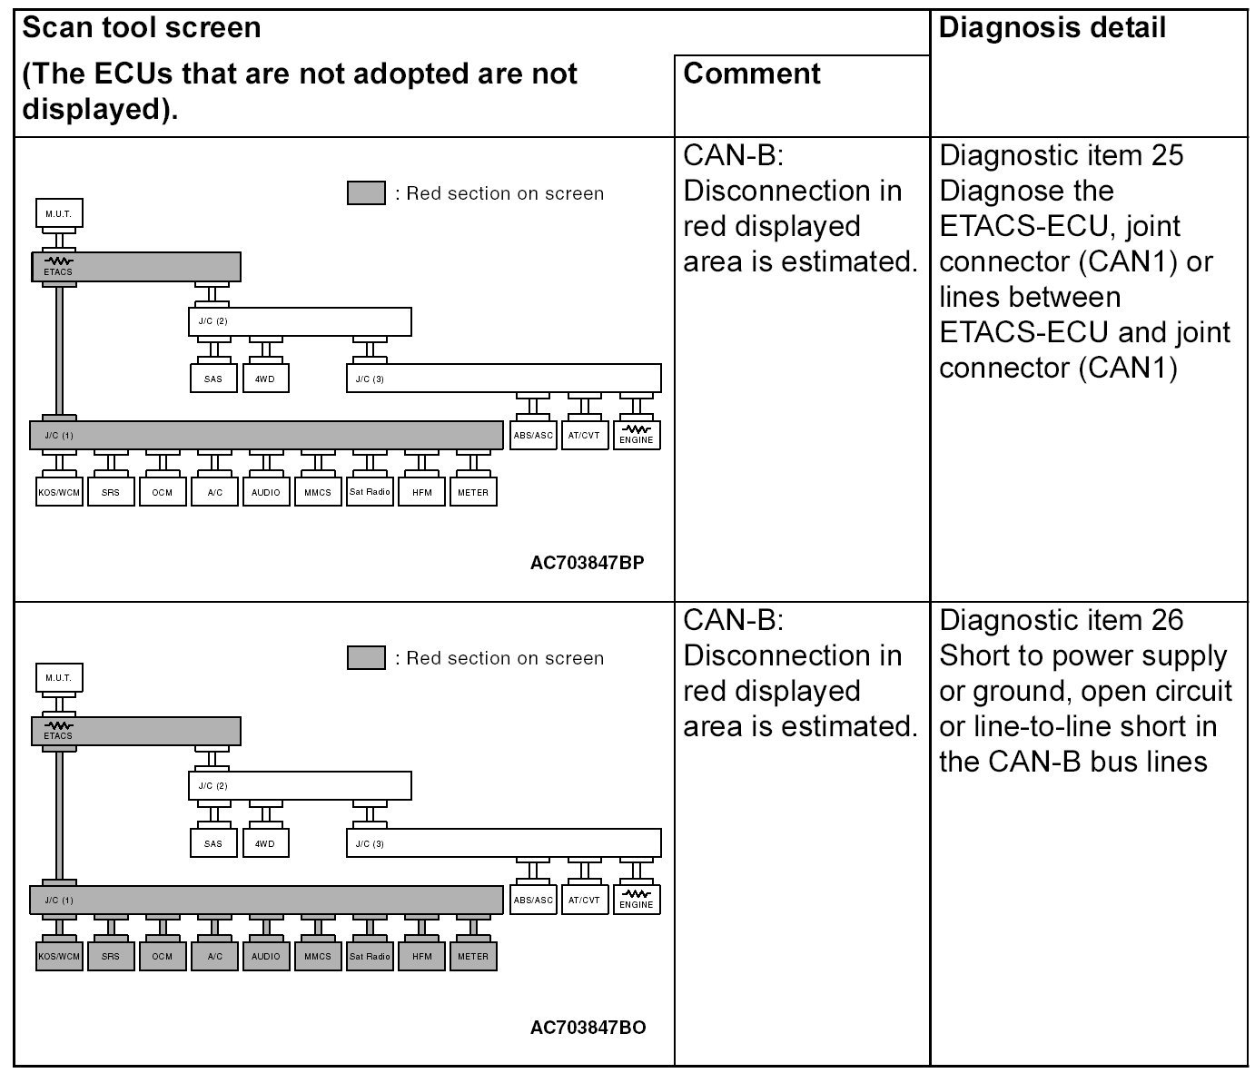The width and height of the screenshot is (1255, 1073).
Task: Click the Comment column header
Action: (x=752, y=74)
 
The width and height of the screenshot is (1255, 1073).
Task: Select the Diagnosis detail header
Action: (x=1052, y=27)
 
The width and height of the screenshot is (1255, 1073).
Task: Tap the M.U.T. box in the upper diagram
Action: (x=59, y=214)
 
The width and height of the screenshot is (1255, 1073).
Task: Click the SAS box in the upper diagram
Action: (x=213, y=379)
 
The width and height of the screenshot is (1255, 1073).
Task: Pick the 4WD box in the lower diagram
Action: (x=265, y=843)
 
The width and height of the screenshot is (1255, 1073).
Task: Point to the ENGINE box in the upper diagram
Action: (x=637, y=435)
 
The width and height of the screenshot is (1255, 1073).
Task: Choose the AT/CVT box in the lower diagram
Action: (x=584, y=900)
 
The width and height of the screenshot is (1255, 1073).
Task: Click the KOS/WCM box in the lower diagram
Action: (x=59, y=956)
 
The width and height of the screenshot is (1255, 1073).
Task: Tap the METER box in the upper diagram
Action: (x=473, y=492)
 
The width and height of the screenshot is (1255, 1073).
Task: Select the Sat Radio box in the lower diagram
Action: (x=370, y=956)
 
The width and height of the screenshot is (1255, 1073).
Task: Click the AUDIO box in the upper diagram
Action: (x=266, y=492)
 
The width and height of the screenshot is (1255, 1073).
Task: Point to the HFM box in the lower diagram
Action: (x=421, y=956)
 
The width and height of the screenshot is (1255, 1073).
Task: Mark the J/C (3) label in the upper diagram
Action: (x=367, y=379)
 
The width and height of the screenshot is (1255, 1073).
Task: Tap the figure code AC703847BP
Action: (x=588, y=563)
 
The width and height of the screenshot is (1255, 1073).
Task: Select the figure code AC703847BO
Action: (x=588, y=1028)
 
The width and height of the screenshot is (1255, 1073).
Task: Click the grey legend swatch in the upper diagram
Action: (x=366, y=193)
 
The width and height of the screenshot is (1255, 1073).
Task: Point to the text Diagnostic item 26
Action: (x=1061, y=620)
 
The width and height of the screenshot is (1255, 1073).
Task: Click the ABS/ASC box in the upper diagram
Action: (x=533, y=435)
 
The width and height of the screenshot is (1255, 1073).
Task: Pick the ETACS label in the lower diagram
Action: (x=58, y=735)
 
